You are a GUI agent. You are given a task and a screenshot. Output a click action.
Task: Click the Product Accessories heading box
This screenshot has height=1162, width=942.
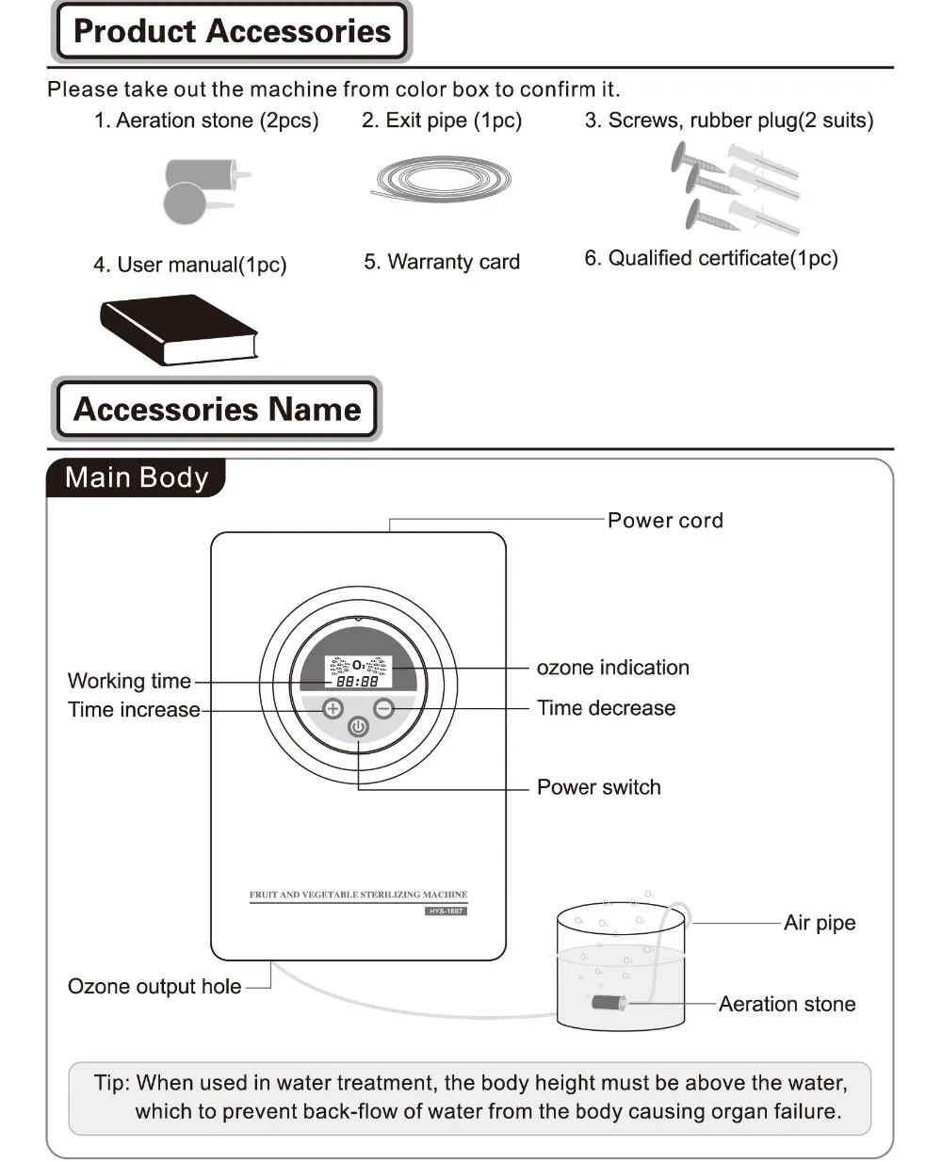pos(231,31)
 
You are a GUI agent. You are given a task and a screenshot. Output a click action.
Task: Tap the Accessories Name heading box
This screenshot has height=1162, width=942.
pos(217,410)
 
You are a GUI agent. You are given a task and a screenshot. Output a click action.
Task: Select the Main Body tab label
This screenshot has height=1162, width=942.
pos(137,477)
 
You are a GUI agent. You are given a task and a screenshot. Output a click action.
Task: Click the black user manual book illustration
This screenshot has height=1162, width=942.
pos(179,329)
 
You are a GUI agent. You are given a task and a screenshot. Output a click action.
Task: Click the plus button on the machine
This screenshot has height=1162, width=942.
pos(333,708)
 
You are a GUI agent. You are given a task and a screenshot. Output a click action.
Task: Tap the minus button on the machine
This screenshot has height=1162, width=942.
pos(383,708)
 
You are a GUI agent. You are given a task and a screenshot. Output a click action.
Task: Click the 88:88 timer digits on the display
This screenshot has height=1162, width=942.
pos(357,681)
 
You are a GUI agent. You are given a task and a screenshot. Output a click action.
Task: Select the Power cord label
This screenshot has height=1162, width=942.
pos(665,520)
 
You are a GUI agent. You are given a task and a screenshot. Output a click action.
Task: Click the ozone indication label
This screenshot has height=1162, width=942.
pos(612,668)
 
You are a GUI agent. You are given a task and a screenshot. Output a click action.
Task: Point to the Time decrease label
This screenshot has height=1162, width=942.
pos(606,708)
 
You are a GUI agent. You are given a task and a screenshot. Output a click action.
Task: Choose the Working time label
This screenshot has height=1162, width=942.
pos(129,681)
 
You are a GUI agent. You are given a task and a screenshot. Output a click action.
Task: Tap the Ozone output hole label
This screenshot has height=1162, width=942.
pos(154,987)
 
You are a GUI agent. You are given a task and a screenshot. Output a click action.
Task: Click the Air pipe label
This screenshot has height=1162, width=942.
pos(820,923)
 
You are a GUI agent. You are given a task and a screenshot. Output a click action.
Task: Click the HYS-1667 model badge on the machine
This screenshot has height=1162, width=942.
pos(446,911)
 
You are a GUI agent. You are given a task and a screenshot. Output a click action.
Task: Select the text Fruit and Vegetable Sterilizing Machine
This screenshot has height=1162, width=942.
pos(358,895)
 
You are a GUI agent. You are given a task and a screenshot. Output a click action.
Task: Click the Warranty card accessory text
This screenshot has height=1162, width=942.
pos(442,262)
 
